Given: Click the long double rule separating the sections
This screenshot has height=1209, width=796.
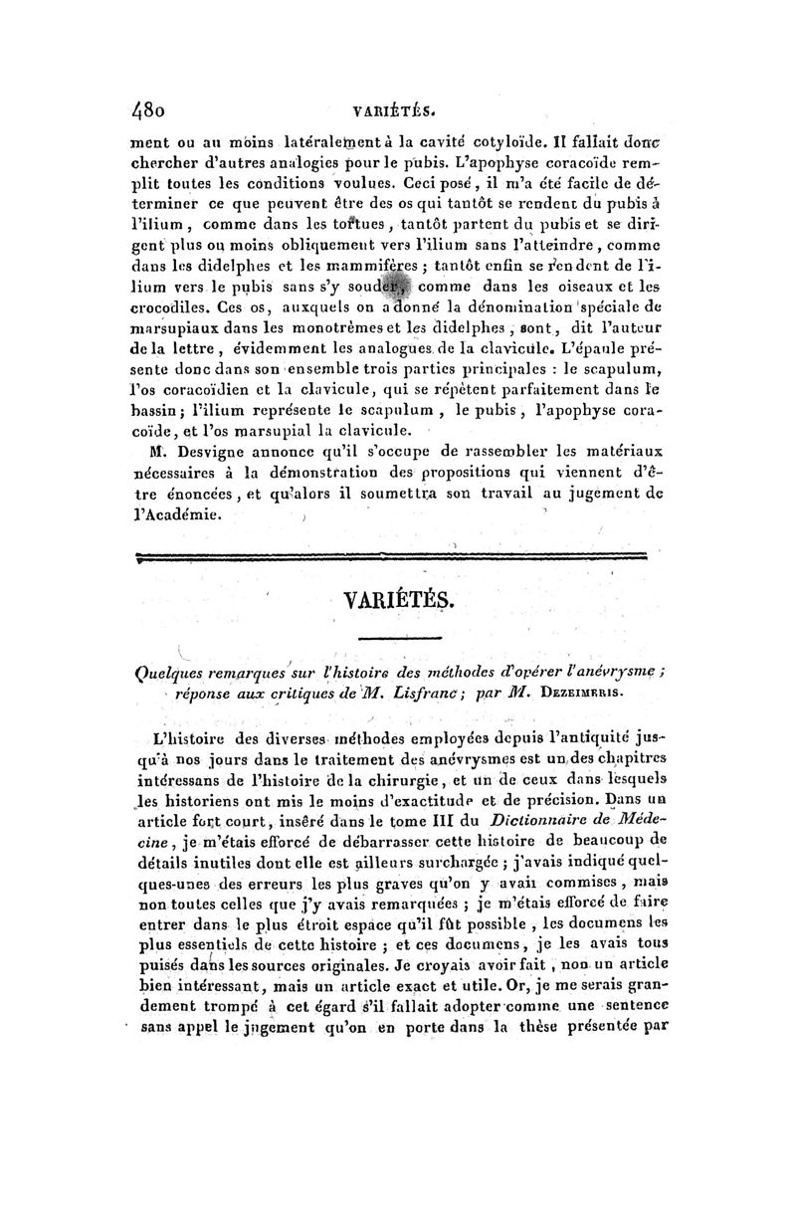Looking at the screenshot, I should [399, 559].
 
